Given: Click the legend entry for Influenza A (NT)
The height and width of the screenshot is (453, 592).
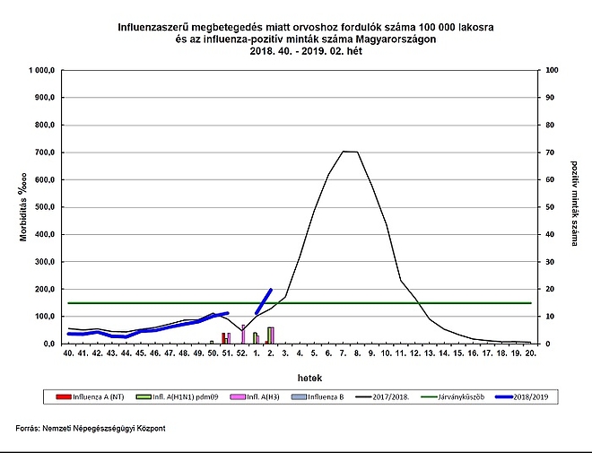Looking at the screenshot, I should (x=85, y=396).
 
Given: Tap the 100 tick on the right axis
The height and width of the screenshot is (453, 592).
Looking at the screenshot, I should (x=552, y=70).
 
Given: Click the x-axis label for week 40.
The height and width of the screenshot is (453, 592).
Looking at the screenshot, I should (x=68, y=354).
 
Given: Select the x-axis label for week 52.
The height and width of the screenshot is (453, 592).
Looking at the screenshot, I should (x=241, y=354).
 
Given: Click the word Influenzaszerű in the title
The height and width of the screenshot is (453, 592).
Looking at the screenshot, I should (x=161, y=27).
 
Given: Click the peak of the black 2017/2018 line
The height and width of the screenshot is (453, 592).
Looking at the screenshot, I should (x=350, y=152).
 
